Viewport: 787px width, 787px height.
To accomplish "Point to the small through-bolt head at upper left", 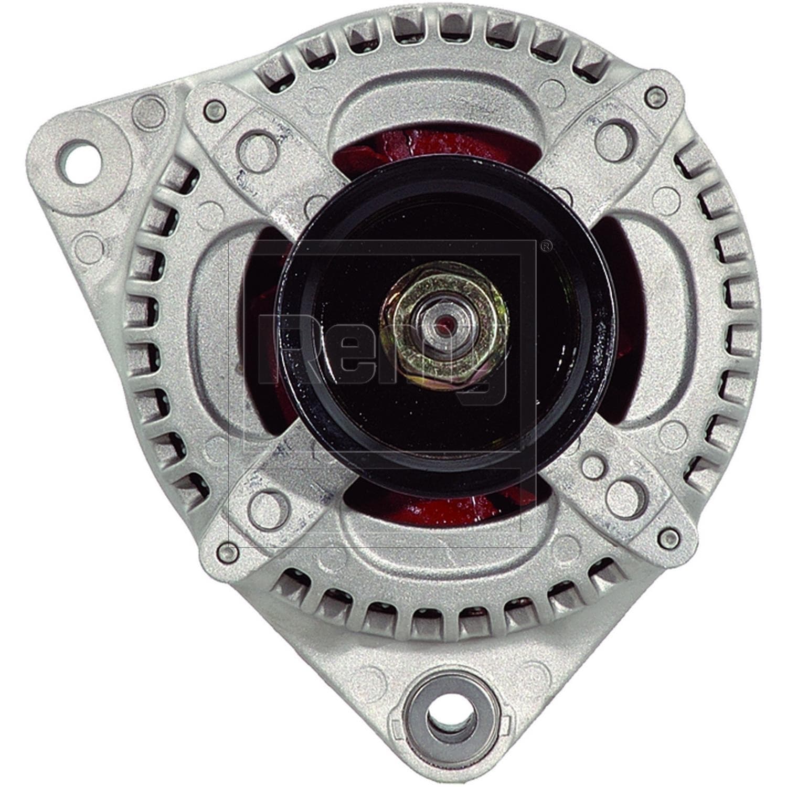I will [215, 110].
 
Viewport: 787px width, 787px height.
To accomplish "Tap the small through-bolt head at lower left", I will [226, 552].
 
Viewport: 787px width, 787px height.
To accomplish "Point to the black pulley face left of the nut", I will [336, 336].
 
